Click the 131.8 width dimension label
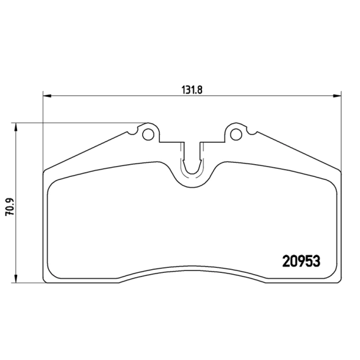pos(192,90)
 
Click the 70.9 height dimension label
pos(10,207)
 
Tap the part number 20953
pos(301,261)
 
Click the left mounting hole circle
pos(148,135)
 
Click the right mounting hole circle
pos(236,135)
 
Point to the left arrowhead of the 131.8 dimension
pos(47,95)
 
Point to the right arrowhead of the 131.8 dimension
pos(337,95)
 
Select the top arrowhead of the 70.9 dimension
pos(16,126)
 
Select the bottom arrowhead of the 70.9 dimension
pos(16,279)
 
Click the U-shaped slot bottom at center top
pos(192,173)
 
